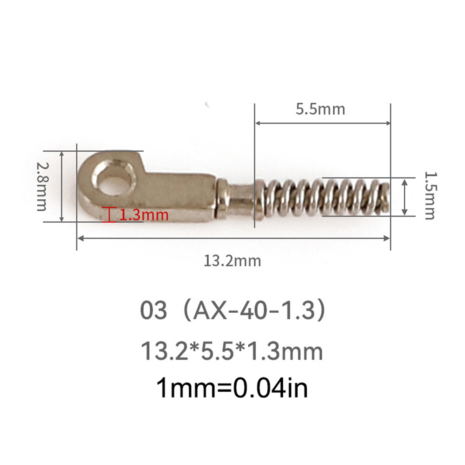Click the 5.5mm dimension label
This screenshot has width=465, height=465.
321,109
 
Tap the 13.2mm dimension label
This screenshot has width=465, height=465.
232,261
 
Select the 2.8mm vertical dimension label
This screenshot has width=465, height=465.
42,186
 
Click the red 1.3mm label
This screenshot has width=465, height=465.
144,215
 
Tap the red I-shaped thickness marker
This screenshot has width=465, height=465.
109,215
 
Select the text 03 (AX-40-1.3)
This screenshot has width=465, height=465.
233,310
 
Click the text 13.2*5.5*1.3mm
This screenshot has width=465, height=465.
232,351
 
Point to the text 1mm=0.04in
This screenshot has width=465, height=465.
232,388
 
